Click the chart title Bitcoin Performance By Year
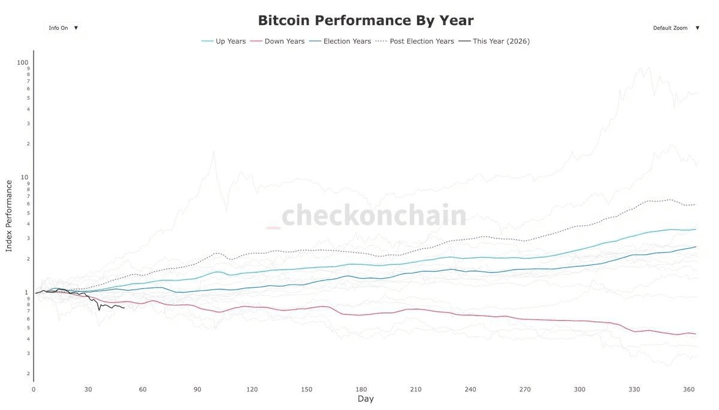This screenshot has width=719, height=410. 365,20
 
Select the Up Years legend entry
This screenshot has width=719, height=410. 223,41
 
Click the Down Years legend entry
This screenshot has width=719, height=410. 277,41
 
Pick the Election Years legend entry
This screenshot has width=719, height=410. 340,41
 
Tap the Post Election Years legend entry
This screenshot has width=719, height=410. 415,41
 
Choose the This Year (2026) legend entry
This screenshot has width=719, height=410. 494,41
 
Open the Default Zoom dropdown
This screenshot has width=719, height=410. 676,28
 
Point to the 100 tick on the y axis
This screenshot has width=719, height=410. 23,62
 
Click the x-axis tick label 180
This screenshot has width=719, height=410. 361,390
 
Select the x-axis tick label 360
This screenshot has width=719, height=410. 689,390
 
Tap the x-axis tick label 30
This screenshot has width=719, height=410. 88,390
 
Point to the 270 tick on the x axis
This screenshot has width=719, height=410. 525,390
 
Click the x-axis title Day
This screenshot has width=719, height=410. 365,399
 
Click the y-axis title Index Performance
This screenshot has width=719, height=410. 9,215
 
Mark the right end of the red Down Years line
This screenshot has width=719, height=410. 696,334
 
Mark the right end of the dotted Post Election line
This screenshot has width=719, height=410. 696,205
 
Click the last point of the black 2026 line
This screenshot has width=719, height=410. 124,308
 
